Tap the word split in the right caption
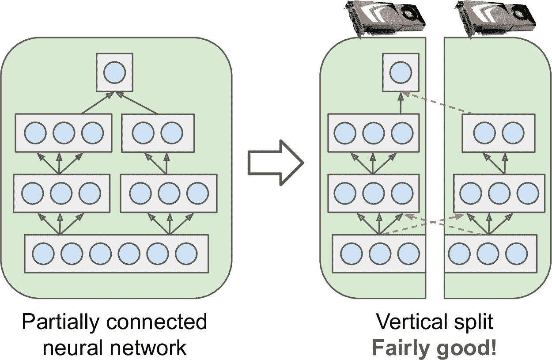(475, 322)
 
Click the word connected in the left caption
(157, 322)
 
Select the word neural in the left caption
(73, 348)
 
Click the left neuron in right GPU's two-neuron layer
(484, 132)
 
